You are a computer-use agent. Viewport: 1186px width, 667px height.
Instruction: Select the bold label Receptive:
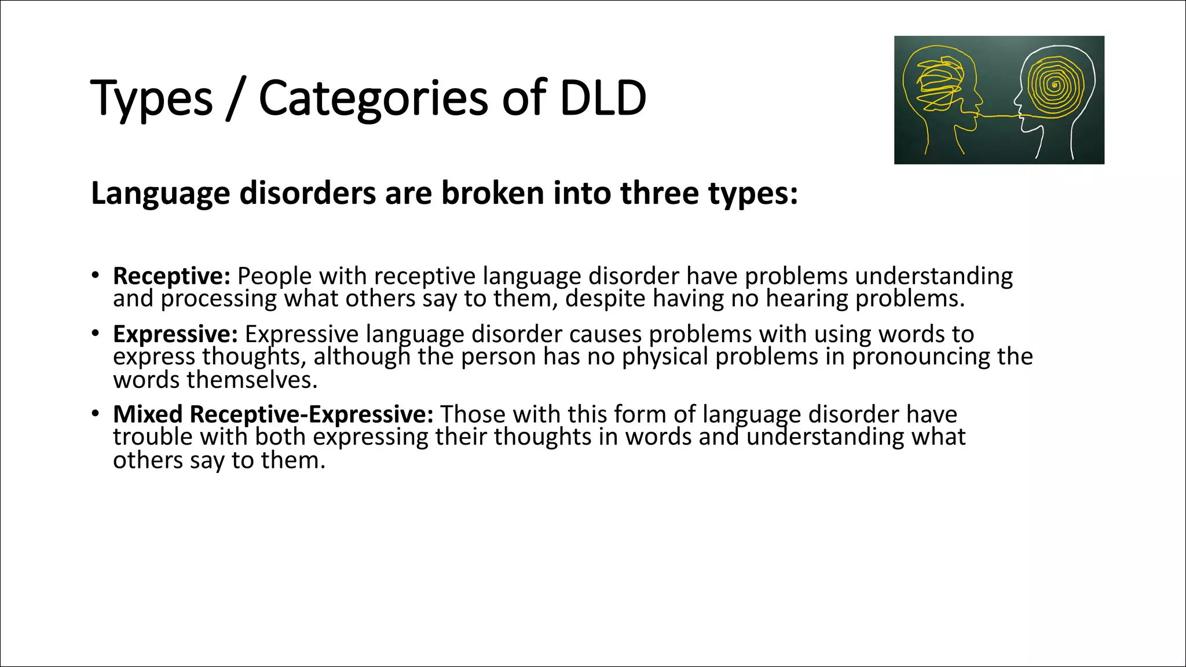coord(172,276)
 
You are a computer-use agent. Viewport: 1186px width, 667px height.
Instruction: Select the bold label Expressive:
coord(175,334)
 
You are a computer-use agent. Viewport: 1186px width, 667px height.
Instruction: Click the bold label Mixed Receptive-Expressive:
coord(273,415)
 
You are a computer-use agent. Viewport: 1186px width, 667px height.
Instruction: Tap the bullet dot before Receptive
coord(95,274)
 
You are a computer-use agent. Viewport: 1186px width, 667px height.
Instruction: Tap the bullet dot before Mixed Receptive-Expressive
coord(95,413)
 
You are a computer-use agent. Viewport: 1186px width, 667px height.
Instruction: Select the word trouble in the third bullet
coord(152,437)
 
